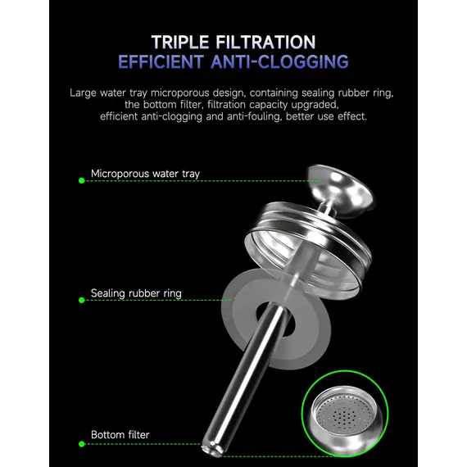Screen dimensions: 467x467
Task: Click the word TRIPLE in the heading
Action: tap(180, 42)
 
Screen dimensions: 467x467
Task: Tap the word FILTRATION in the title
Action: tap(265, 42)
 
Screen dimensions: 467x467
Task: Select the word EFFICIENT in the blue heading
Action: tap(161, 61)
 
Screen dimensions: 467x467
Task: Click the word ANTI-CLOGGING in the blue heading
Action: tap(279, 61)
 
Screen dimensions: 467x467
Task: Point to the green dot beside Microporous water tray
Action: tap(82, 181)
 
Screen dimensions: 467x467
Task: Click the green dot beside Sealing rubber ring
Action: tap(82, 300)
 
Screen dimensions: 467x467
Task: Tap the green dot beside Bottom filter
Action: tap(82, 444)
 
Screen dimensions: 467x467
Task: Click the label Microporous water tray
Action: tap(145, 174)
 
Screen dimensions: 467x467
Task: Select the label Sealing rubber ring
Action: tap(136, 293)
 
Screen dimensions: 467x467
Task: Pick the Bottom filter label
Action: tap(120, 435)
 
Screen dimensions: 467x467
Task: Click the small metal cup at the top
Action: tap(341, 186)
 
